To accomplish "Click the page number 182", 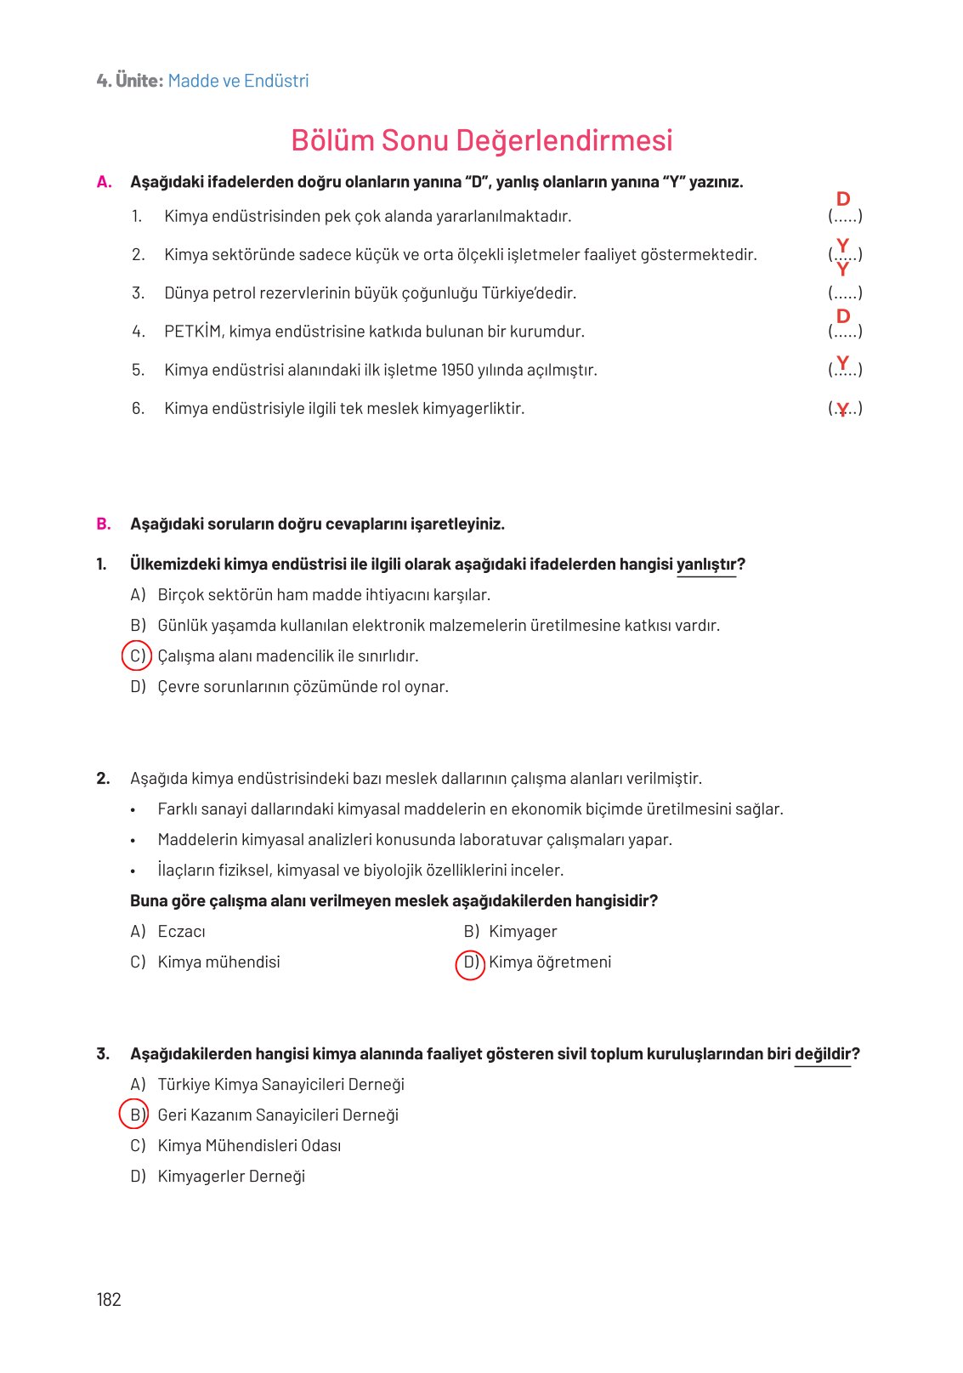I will click(x=109, y=1299).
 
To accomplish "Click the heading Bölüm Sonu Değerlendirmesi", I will click(x=481, y=140).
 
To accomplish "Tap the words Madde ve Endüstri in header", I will click(x=238, y=81).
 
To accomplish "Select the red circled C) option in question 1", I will click(x=137, y=656).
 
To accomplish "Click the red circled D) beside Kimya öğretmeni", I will click(x=470, y=963).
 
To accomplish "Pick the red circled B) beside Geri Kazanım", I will click(x=133, y=1115).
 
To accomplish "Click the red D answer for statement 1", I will click(x=843, y=199).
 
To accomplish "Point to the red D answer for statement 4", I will click(x=843, y=316).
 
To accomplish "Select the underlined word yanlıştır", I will click(x=706, y=565).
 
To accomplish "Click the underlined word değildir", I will click(x=823, y=1054).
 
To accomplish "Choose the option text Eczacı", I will click(x=181, y=932).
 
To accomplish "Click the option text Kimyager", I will click(x=523, y=932).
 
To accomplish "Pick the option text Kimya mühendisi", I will click(x=218, y=962).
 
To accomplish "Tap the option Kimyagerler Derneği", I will click(x=231, y=1177).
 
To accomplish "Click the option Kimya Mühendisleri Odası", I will click(x=249, y=1146).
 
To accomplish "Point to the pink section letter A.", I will click(x=104, y=182).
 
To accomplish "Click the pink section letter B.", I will click(x=104, y=524).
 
